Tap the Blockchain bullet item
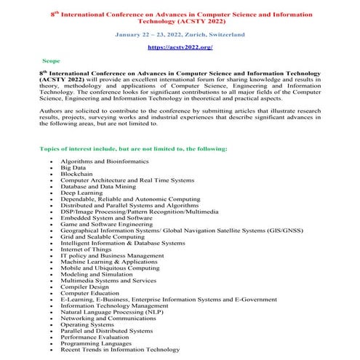(78, 173)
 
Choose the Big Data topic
(73, 167)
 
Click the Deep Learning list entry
(82, 193)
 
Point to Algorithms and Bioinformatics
(105, 160)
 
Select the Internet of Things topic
(87, 249)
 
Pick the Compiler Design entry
(84, 286)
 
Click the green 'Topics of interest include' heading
(134, 148)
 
